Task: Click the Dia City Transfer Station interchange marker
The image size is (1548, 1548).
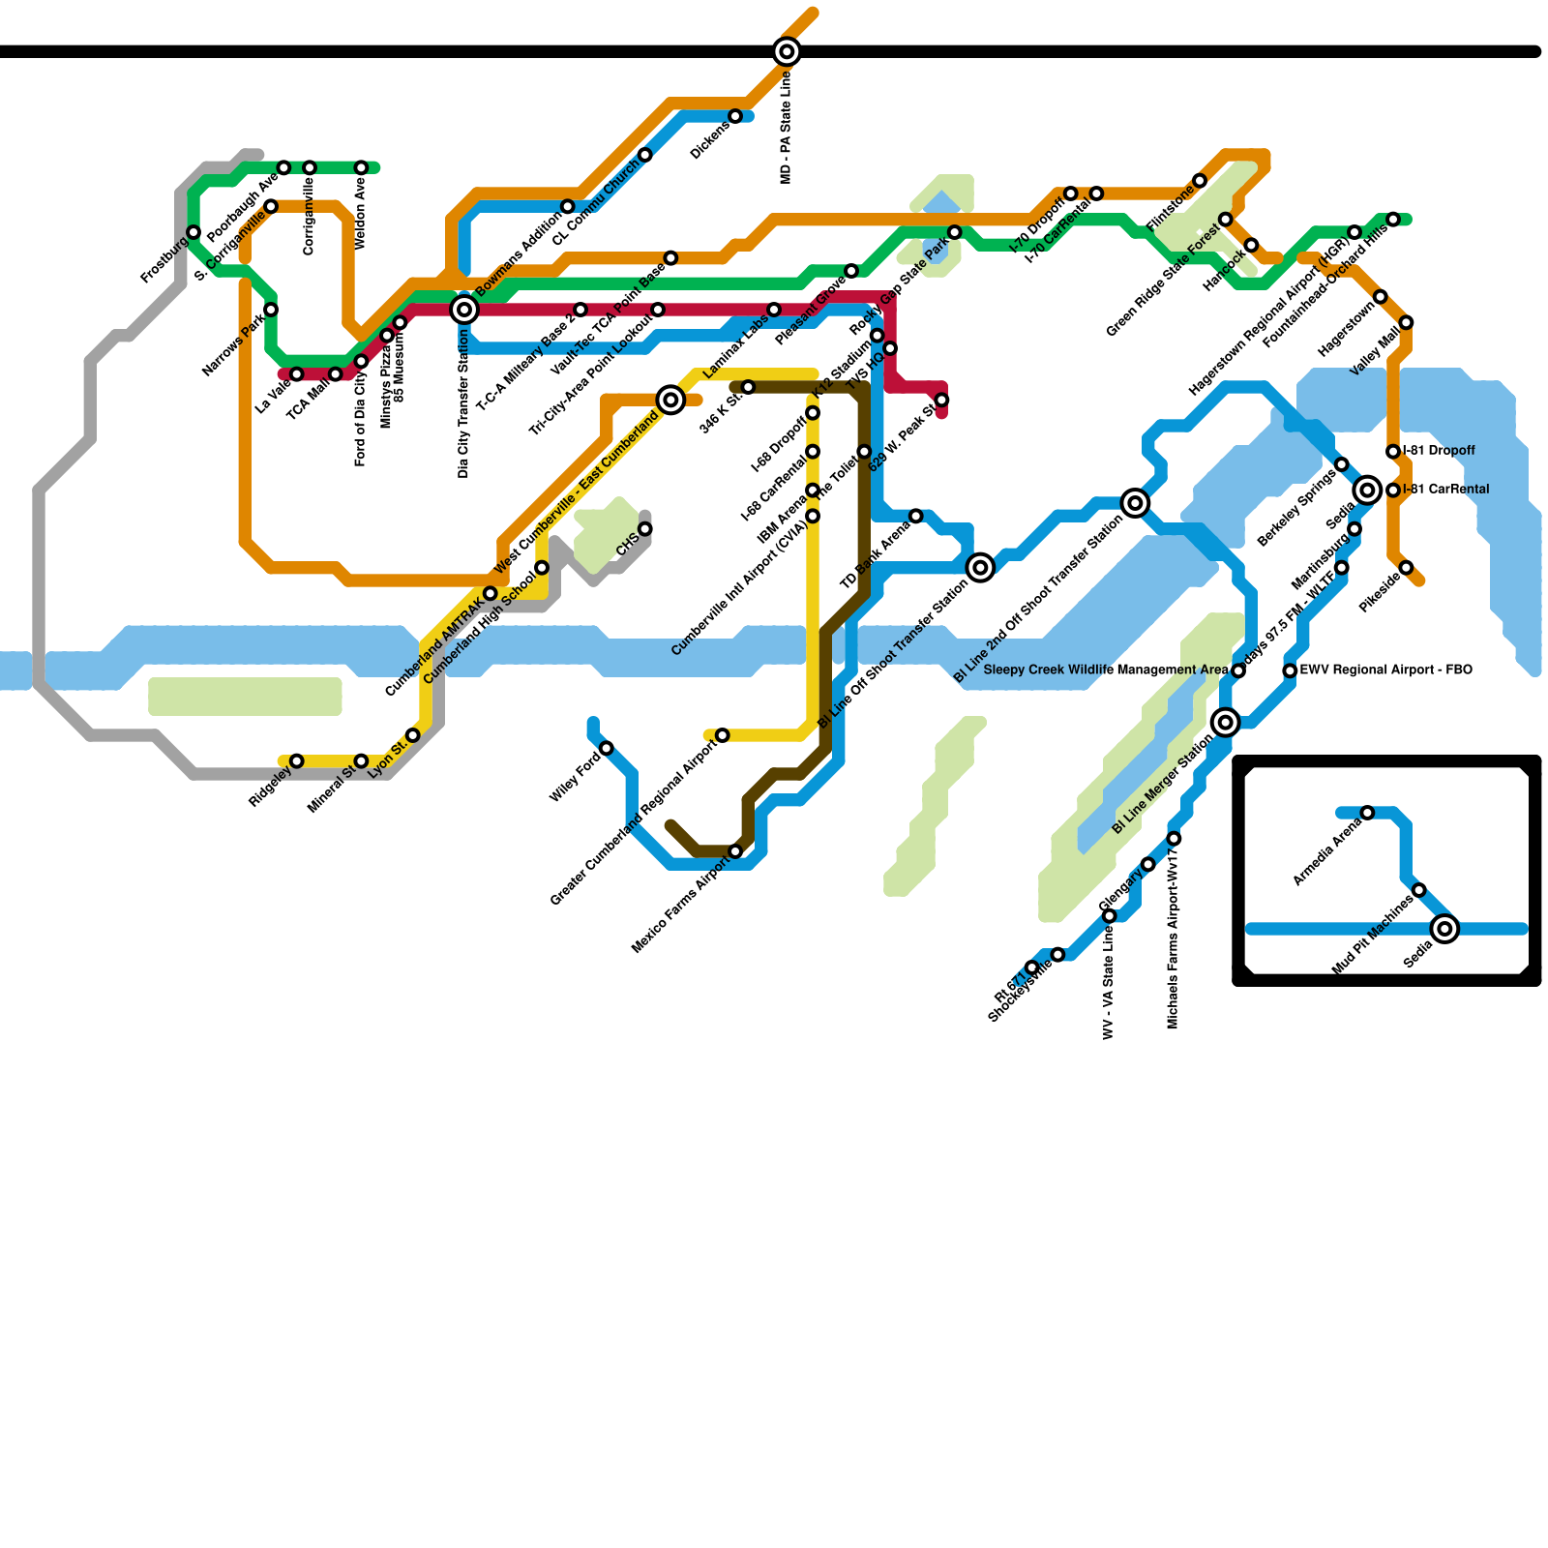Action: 464,310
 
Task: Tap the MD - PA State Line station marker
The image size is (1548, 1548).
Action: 787,51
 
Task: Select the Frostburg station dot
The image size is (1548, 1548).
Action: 193,232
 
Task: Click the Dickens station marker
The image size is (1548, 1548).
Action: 735,116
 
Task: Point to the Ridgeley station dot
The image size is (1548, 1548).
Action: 297,761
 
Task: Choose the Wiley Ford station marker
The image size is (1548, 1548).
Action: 607,748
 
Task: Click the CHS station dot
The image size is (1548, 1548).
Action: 645,529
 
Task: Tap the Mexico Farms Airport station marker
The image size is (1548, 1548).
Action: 735,851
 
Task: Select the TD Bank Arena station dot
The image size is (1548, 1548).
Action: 916,516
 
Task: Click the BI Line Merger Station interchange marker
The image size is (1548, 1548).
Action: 1226,722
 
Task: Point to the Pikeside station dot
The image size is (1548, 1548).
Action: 1406,568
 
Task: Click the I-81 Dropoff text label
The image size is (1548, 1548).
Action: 1439,451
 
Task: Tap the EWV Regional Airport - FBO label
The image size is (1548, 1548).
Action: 1385,670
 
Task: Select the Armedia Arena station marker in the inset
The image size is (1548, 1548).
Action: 1367,813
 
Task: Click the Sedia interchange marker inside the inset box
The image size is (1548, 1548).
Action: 1444,929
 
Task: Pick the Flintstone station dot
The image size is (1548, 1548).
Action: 1200,181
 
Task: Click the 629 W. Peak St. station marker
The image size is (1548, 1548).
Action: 941,400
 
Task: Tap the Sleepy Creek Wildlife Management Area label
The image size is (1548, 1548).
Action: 1105,670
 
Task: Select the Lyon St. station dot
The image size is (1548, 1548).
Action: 413,735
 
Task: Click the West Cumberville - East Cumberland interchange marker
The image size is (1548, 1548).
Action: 670,400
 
